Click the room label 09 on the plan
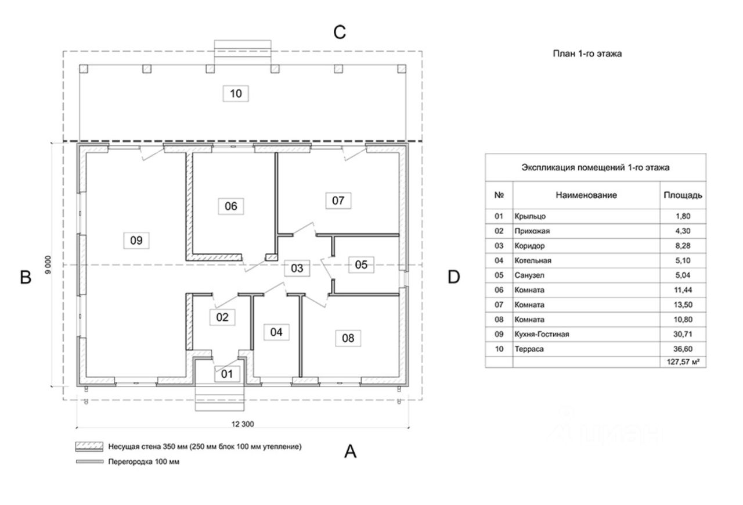point(136,241)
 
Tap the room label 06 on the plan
point(231,206)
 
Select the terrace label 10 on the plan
point(236,94)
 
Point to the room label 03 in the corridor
point(297,268)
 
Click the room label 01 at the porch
point(227,374)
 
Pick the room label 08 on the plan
point(348,338)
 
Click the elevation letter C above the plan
point(340,33)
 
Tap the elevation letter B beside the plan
point(26,277)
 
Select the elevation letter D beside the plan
point(454,277)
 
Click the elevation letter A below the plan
point(350,452)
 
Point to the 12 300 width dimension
point(243,424)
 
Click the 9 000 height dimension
point(48,264)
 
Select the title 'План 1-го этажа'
point(587,54)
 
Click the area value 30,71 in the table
point(683,334)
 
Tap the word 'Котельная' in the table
point(533,260)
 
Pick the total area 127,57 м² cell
point(683,362)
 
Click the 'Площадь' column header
point(683,195)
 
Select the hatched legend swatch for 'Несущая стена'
point(89,447)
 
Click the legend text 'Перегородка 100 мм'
point(143,462)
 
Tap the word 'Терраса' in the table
point(529,349)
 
